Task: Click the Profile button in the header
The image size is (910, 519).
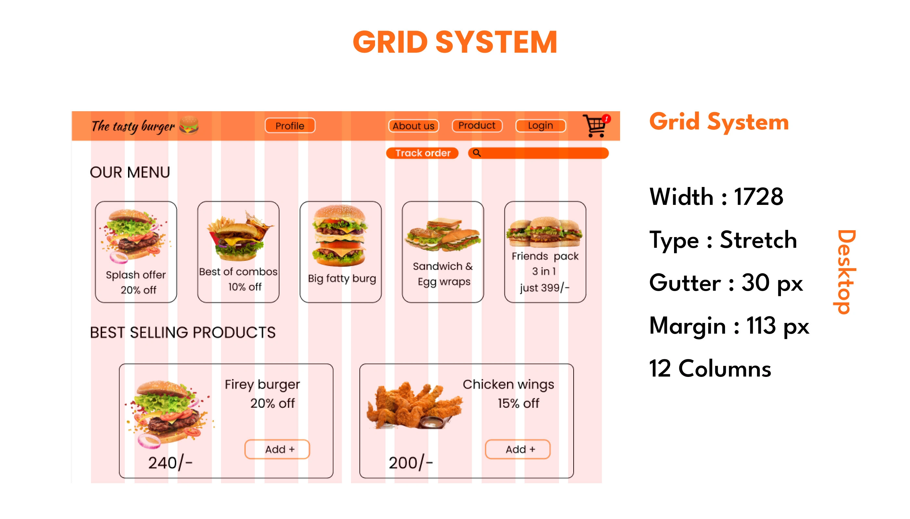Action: (290, 126)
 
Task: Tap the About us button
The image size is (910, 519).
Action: (413, 126)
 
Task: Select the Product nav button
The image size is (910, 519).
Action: (477, 126)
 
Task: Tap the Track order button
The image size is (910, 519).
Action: (422, 153)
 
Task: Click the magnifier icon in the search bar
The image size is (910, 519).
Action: (476, 153)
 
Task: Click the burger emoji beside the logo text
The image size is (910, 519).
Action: (189, 125)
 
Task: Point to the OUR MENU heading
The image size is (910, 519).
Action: (130, 172)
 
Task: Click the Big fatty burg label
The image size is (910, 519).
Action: (342, 278)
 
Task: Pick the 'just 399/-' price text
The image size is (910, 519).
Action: (545, 287)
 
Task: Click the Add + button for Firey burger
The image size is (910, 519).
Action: (277, 449)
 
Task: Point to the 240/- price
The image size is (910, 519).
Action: (170, 463)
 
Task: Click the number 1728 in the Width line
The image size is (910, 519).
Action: (759, 196)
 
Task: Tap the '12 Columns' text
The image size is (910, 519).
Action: (710, 368)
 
